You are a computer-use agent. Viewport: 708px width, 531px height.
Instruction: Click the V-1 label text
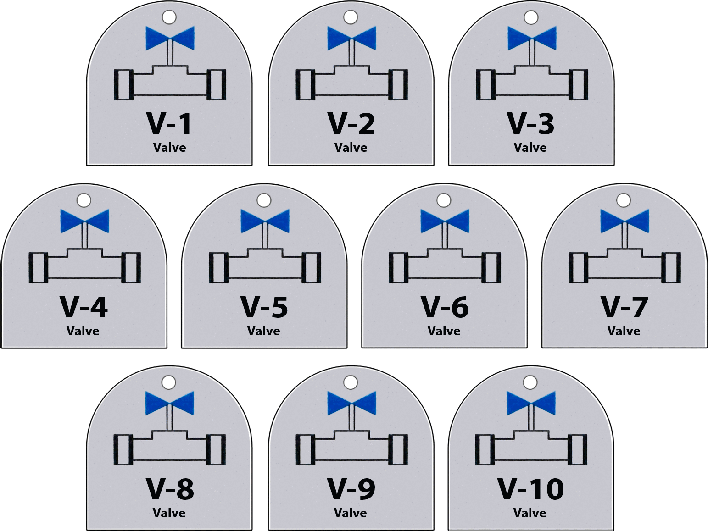coord(169,124)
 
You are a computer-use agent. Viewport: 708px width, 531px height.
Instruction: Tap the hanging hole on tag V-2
coord(351,17)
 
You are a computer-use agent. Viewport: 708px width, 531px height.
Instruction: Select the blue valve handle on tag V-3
coord(532,39)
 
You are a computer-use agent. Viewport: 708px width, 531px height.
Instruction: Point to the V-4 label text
coord(84,307)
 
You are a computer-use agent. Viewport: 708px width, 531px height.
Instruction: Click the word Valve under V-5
coord(264,331)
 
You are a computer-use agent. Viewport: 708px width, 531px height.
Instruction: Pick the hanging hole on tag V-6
coord(444,200)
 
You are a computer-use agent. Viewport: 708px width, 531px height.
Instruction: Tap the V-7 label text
coord(624,307)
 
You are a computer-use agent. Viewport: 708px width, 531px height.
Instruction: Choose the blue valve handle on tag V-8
coord(170,403)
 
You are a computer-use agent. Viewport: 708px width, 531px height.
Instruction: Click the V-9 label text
coord(351,489)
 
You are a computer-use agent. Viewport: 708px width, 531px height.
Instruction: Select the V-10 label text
coord(530,489)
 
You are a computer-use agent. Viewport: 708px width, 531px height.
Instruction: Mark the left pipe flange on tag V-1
coord(124,84)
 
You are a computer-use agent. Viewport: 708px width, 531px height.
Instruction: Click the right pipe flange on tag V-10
coord(578,450)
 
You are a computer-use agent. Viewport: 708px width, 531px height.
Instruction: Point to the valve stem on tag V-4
coord(85,236)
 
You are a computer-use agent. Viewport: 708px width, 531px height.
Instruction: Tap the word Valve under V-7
coord(624,331)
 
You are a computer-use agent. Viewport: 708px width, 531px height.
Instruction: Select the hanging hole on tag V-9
coord(351,382)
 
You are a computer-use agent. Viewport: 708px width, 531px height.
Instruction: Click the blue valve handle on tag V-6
coord(445,221)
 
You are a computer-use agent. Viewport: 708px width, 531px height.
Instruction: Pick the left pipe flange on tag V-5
coord(219,267)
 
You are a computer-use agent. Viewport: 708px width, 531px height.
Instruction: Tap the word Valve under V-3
coord(530,148)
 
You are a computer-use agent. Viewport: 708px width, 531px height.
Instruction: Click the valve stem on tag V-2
coord(352,53)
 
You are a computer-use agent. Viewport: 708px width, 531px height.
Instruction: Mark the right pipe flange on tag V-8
coord(216,450)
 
